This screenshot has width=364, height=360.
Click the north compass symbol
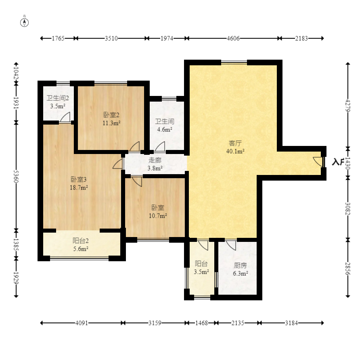point(24,23)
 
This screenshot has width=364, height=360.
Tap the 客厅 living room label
point(235,143)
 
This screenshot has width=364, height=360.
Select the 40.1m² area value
point(235,151)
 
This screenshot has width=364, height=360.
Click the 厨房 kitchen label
point(240,265)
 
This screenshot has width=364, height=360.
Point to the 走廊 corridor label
point(155,160)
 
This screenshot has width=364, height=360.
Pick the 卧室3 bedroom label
point(79,179)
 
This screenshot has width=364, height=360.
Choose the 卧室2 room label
point(111,115)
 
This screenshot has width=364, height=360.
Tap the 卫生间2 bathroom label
point(58,98)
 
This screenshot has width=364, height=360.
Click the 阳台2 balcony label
point(81,241)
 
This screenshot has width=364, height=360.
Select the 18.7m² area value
point(79,187)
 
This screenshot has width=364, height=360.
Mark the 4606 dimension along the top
point(233,38)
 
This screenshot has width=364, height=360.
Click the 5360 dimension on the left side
point(16,176)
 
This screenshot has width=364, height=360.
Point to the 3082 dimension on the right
point(347,209)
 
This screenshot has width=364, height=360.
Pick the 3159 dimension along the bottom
point(155,323)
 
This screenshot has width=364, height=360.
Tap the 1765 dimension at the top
point(58,38)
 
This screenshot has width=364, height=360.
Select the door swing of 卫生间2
point(65,117)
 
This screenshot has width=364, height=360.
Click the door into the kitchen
point(231,245)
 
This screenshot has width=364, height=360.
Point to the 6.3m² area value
point(240,273)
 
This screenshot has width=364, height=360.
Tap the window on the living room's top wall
point(234,62)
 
